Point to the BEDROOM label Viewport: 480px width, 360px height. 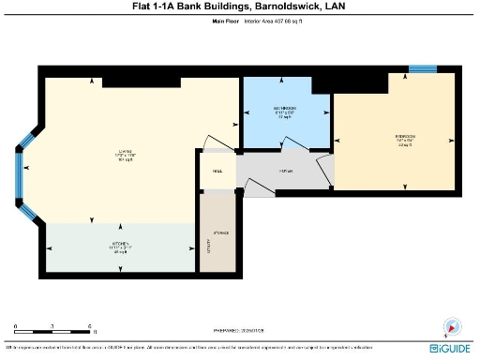[x=405, y=139]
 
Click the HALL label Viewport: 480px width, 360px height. [x=217, y=172]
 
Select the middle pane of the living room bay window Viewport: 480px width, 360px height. [x=19, y=174]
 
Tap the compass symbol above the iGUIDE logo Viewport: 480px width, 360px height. [x=451, y=327]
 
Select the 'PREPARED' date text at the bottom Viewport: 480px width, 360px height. [x=239, y=331]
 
